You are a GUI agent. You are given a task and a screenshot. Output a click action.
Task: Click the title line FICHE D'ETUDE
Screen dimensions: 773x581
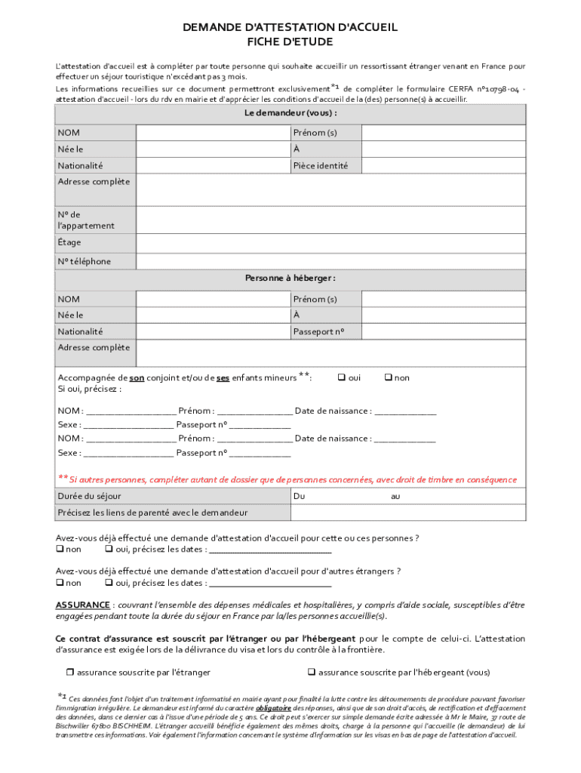coord(290,43)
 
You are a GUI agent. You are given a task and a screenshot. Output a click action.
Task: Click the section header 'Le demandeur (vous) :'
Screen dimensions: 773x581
coord(290,113)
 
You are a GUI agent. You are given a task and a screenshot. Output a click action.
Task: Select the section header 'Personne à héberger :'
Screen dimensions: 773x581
coord(290,279)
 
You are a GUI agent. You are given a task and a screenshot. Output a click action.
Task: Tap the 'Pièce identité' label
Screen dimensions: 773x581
coord(321,165)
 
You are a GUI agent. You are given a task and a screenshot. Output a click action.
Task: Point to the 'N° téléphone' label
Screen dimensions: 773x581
coord(85,261)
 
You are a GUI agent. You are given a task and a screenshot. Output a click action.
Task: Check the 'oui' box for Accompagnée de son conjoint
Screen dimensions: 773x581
coord(340,377)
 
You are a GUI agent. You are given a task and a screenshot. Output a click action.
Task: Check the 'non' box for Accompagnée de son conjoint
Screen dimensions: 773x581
coord(389,377)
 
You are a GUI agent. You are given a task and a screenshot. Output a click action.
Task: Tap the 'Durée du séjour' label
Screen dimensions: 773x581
coord(89,496)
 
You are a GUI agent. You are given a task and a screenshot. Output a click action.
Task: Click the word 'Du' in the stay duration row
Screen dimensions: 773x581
coord(299,497)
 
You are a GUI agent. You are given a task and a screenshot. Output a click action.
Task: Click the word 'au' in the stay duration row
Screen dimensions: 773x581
coord(395,497)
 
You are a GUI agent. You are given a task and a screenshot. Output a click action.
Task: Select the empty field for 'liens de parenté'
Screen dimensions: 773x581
coord(407,513)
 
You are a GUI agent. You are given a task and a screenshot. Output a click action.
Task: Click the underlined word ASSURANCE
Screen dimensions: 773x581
coord(83,605)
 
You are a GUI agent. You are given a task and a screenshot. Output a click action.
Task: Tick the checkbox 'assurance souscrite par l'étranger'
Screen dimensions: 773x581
coord(69,672)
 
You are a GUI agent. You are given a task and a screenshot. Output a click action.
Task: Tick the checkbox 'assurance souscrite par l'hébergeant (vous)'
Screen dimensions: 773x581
coord(310,672)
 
